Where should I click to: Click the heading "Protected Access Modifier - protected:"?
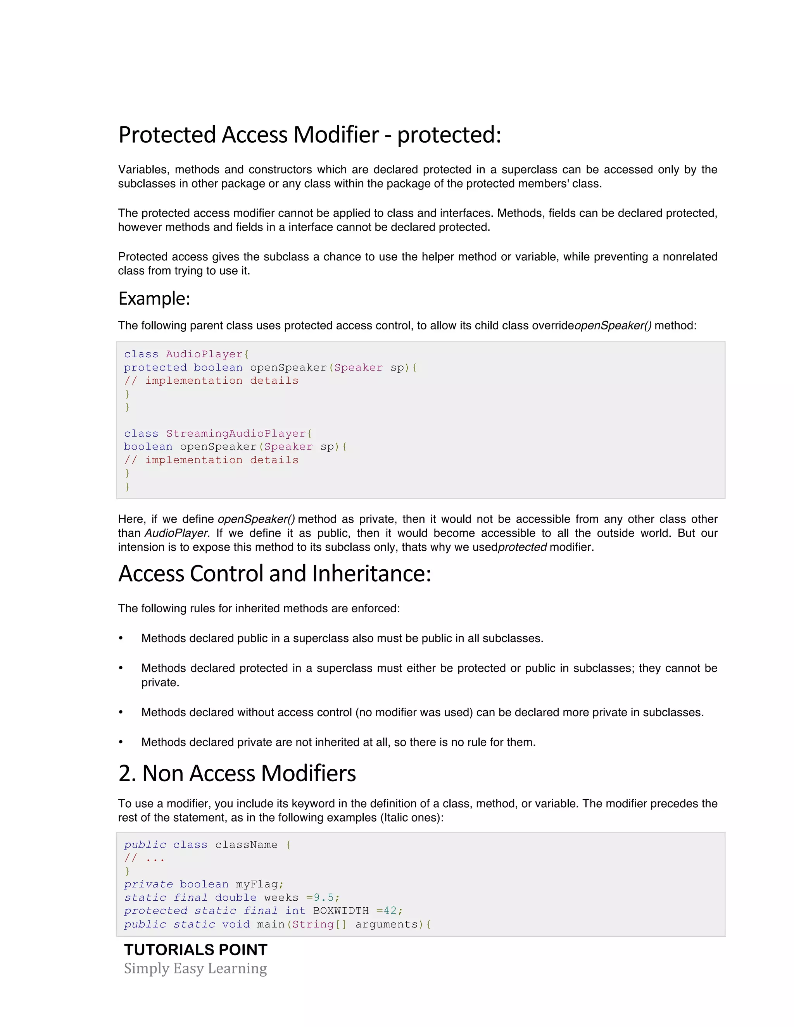coord(309,135)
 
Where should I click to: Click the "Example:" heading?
coord(154,298)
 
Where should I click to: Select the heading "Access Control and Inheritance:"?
coord(275,574)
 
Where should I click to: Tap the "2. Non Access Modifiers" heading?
coord(237,774)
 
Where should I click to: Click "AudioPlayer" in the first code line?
coord(204,354)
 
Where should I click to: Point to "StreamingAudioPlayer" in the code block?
coord(236,434)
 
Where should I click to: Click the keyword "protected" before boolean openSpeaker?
coord(155,367)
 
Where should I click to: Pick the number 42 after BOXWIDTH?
coord(390,910)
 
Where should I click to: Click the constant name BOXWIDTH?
coord(340,910)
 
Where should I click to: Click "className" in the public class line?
coord(246,844)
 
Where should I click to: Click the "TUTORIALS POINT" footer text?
coord(196,950)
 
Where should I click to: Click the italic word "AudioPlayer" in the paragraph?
coord(176,533)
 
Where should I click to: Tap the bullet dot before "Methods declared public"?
coord(121,638)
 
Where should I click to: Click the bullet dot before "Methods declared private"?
coord(121,742)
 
